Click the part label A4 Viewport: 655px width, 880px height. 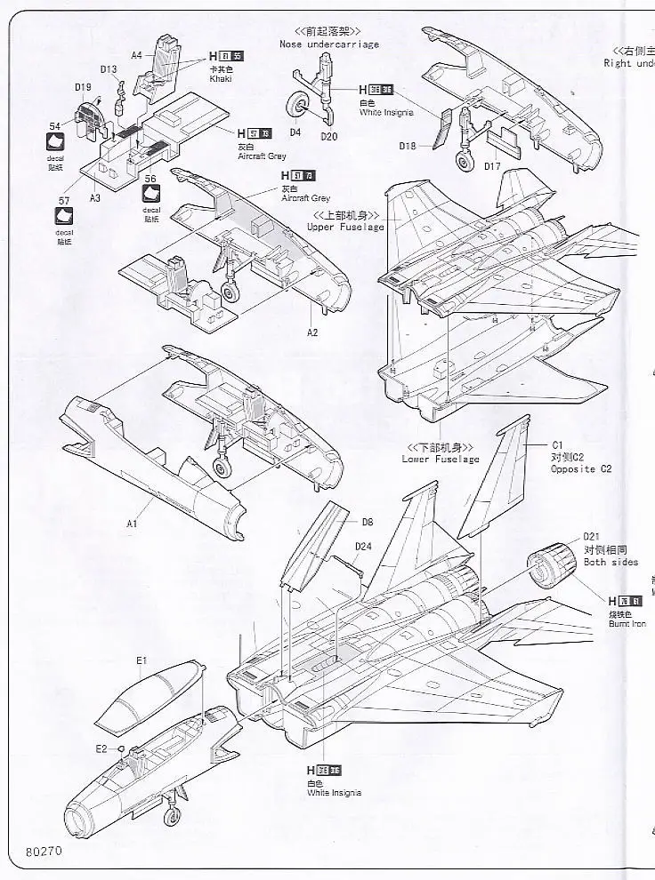136,54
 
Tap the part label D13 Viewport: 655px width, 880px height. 108,69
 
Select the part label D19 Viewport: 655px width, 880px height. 83,86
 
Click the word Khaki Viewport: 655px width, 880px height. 221,78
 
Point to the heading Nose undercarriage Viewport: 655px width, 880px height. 328,44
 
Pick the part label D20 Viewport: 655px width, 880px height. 328,136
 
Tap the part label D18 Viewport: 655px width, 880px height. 408,146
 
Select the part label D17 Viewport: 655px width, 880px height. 494,165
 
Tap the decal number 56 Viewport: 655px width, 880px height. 150,179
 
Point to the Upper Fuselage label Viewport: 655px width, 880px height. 345,227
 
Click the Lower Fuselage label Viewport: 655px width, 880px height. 440,459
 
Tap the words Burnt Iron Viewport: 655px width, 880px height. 627,623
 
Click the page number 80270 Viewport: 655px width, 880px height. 44,851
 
